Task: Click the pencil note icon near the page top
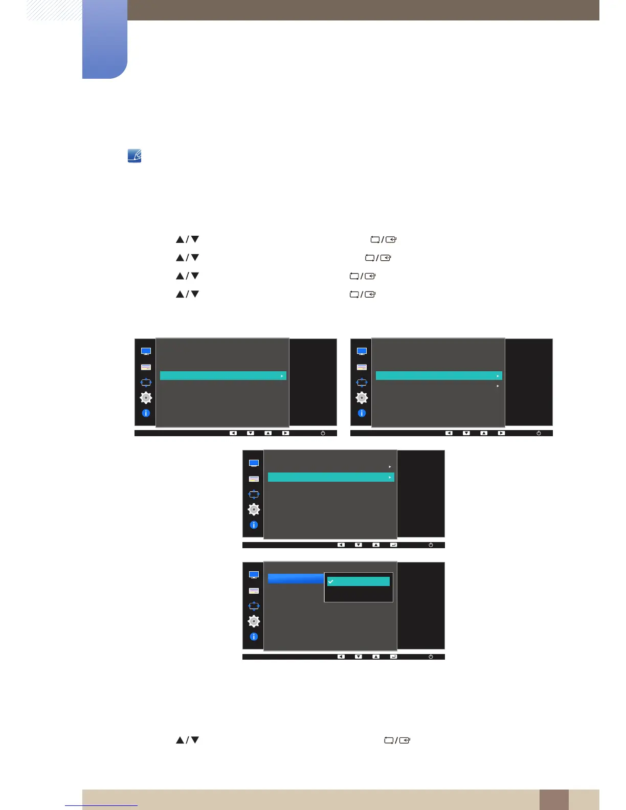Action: pyautogui.click(x=135, y=156)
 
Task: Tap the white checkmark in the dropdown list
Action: pyautogui.click(x=331, y=581)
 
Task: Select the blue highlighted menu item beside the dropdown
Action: pyautogui.click(x=296, y=578)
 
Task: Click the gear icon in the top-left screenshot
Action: pyautogui.click(x=146, y=398)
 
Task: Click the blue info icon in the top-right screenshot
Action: pyautogui.click(x=362, y=413)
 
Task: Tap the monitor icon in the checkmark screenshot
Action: pyautogui.click(x=254, y=575)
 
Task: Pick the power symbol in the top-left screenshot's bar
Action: pyautogui.click(x=323, y=433)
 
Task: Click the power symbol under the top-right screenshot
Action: pyautogui.click(x=539, y=433)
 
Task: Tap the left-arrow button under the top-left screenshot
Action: pyautogui.click(x=233, y=433)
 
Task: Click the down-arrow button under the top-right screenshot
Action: pyautogui.click(x=466, y=433)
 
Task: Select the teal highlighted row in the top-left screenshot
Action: pyautogui.click(x=223, y=376)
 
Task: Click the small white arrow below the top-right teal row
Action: pyautogui.click(x=498, y=386)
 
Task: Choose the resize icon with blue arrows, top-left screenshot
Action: pyautogui.click(x=146, y=382)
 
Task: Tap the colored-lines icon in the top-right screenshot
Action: pyautogui.click(x=362, y=367)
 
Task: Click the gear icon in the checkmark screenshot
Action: pyautogui.click(x=254, y=621)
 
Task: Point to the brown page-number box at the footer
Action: pyautogui.click(x=553, y=799)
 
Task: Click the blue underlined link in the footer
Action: pyautogui.click(x=101, y=805)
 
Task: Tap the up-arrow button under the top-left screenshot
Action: pyautogui.click(x=268, y=433)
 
